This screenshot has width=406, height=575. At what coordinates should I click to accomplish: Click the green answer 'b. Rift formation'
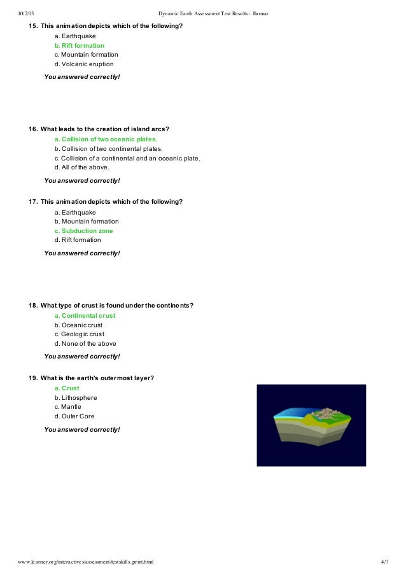pos(80,46)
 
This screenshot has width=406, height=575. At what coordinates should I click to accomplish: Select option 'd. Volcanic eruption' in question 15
pos(84,64)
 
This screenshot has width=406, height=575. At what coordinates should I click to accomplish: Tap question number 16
pos(33,129)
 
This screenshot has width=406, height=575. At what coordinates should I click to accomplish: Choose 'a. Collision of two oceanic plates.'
pos(106,139)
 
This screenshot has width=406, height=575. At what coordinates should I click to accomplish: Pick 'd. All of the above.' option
pos(82,167)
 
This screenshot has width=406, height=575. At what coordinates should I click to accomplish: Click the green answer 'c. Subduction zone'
pos(83,231)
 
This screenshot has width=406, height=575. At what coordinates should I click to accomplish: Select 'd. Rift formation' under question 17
pos(78,240)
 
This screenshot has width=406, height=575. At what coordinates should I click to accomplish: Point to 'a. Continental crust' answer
pos(85,316)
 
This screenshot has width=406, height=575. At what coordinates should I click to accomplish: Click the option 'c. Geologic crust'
pos(80,334)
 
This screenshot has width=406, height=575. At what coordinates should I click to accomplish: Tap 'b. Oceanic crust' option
pos(78,325)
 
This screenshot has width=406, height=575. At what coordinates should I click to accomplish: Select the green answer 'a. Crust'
pos(67,388)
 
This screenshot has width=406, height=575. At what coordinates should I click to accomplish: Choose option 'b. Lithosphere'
pos(76,398)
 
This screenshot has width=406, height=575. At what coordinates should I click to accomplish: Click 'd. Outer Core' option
pos(74,416)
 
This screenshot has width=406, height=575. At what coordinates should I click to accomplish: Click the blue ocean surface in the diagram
pos(290,413)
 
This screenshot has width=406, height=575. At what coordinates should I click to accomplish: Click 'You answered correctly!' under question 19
pos(81,430)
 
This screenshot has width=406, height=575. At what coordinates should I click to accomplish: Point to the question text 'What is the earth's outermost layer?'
pos(97,378)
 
